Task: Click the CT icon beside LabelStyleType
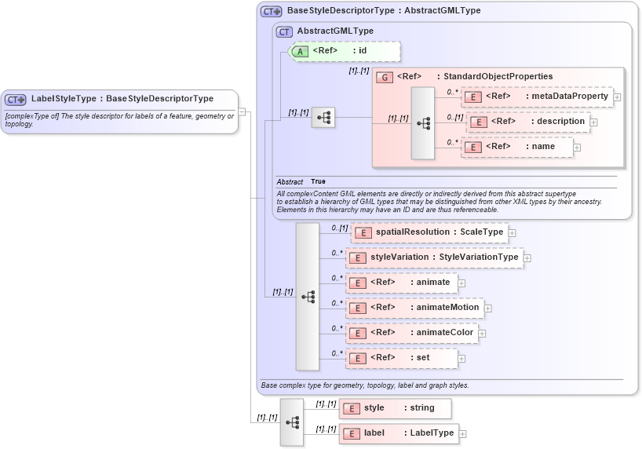click(16, 99)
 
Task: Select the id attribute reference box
click(345, 51)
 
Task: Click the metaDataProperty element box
click(537, 97)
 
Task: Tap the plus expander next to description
click(594, 122)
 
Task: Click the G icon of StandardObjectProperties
click(385, 77)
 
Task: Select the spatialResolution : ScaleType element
click(429, 232)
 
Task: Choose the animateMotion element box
click(414, 308)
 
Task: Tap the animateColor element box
click(412, 333)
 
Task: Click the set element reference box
click(401, 358)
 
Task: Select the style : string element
click(395, 408)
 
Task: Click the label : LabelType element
click(398, 433)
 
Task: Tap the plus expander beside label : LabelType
click(463, 434)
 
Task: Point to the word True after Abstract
click(318, 182)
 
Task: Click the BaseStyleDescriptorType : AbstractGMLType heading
click(383, 11)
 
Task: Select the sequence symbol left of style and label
click(292, 422)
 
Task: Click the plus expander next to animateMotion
click(488, 308)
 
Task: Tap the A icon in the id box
click(300, 51)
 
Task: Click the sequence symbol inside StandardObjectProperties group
click(422, 123)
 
